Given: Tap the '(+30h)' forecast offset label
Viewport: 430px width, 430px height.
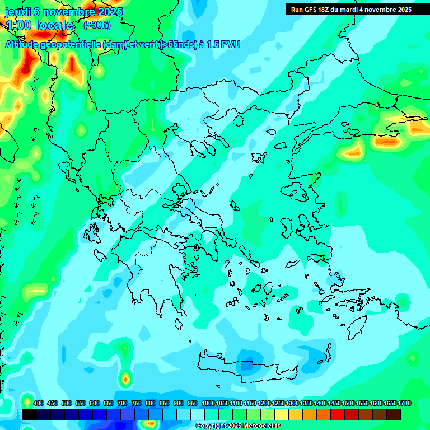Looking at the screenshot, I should pyautogui.click(x=97, y=25).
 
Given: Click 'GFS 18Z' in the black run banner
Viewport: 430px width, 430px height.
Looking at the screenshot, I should pyautogui.click(x=313, y=10).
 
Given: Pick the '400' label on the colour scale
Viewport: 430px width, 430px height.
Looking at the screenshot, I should pyautogui.click(x=39, y=404).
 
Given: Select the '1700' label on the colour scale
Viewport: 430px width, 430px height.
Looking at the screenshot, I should pyautogui.click(x=404, y=404).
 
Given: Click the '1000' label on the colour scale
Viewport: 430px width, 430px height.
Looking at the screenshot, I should pyautogui.click(x=208, y=404).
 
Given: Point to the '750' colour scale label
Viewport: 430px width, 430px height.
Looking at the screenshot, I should pyautogui.click(x=137, y=404).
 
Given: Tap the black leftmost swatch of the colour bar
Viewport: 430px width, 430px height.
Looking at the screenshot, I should pyautogui.click(x=30, y=414).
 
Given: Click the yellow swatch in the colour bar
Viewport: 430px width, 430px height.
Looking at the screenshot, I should pyautogui.click(x=282, y=414).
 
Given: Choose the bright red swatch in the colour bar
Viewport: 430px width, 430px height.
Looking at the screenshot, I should pyautogui.click(x=338, y=414).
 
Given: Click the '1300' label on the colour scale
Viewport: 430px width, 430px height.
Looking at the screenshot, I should pyautogui.click(x=292, y=404).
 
